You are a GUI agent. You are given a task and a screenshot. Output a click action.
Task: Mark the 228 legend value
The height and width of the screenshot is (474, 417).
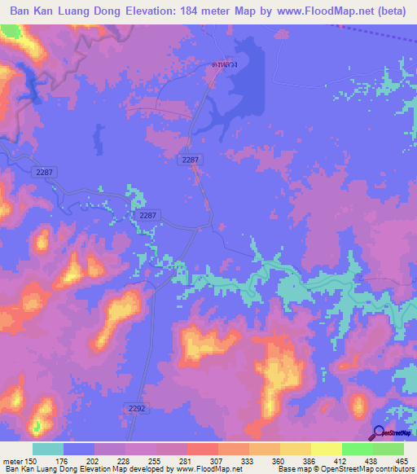(125, 460)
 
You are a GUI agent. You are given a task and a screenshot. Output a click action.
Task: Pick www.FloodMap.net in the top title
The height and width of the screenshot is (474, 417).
(331, 11)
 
